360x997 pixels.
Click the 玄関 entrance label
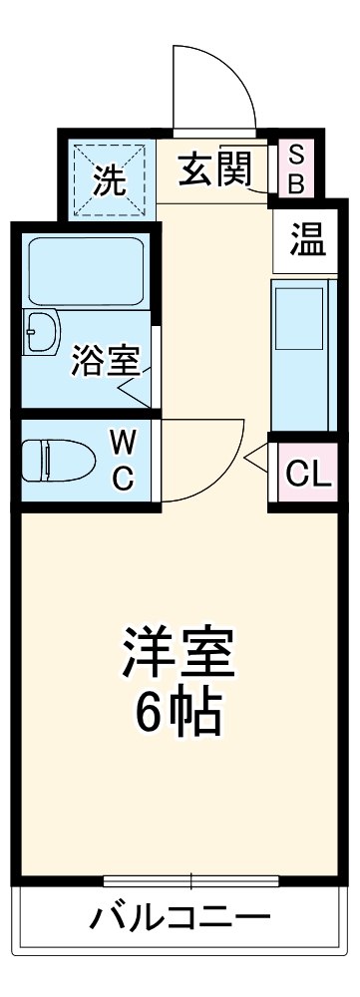point(213,170)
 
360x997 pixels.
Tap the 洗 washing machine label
point(109,181)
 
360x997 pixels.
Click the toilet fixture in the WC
point(58,461)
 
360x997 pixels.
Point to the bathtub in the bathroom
point(87,269)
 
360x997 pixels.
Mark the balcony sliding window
point(190,880)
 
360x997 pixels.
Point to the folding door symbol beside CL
point(256,458)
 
